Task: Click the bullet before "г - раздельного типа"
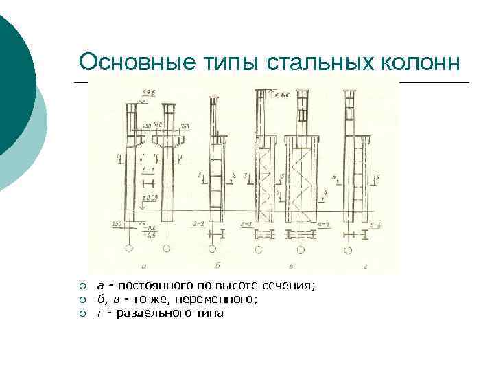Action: [x=82, y=313]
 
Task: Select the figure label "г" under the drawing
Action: [x=349, y=266]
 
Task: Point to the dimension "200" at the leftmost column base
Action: [x=116, y=224]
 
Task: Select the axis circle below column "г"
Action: [x=349, y=249]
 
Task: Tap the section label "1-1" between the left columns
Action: [x=149, y=169]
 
